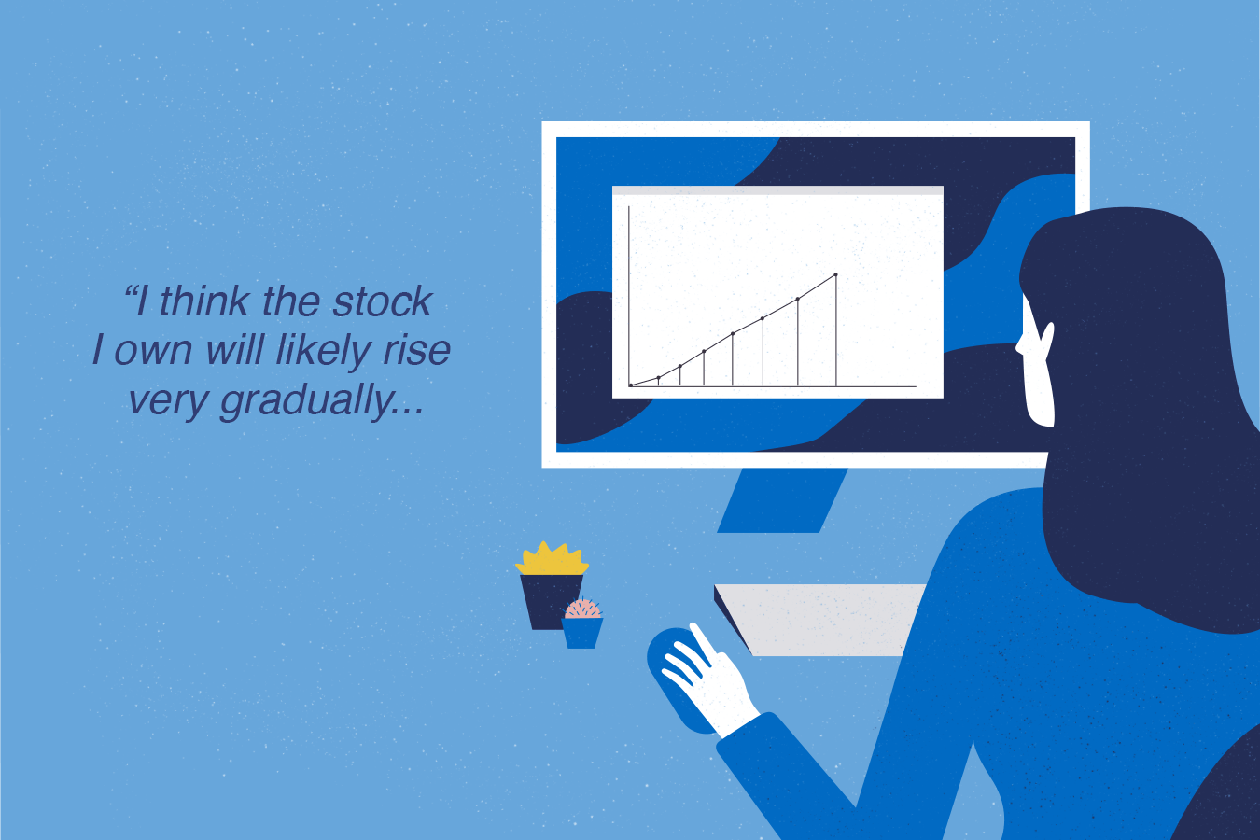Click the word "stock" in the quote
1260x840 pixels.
click(x=382, y=301)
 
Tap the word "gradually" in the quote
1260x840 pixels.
click(x=306, y=401)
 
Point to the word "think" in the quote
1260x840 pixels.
click(x=204, y=301)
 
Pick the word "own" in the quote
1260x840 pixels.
click(x=153, y=352)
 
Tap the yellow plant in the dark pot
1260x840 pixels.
click(x=552, y=559)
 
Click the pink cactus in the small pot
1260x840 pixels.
click(x=582, y=609)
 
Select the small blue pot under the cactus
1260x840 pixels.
click(x=582, y=633)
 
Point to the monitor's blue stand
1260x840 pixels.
click(x=782, y=500)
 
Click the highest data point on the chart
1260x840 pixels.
click(x=836, y=274)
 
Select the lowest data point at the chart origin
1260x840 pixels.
click(x=631, y=385)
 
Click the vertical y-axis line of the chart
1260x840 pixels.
click(x=629, y=297)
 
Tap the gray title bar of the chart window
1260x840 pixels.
click(x=777, y=190)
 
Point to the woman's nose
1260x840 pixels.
click(x=1019, y=345)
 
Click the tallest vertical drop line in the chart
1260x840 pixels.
click(x=836, y=330)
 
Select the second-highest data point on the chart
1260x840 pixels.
click(x=798, y=299)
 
